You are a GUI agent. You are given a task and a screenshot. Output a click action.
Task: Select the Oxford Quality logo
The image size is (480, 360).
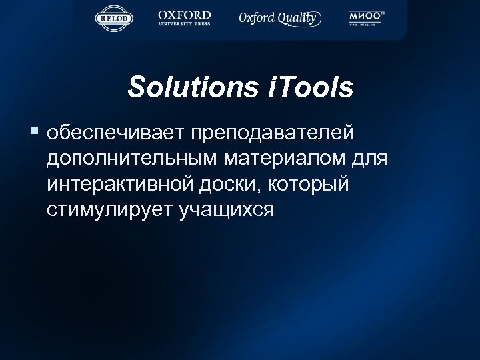click(x=279, y=18)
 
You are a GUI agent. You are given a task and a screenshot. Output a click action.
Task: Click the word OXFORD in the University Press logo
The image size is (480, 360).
click(x=184, y=14)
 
